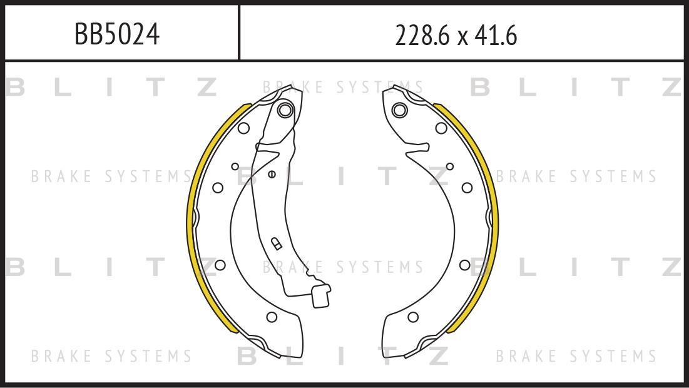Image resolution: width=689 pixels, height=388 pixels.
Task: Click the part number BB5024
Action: [117, 34]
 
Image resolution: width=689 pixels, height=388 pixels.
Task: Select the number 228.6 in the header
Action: [422, 35]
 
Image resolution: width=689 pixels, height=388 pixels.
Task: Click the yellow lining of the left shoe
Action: [190, 220]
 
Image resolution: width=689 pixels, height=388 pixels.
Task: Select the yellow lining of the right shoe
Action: [495, 220]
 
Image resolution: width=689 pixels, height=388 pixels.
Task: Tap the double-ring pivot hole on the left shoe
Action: [285, 110]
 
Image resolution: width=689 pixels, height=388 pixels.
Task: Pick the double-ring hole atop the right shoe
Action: [399, 110]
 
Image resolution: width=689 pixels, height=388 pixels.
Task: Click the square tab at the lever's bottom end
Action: [320, 297]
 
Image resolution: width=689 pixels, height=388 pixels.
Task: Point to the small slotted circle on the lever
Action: [272, 174]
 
